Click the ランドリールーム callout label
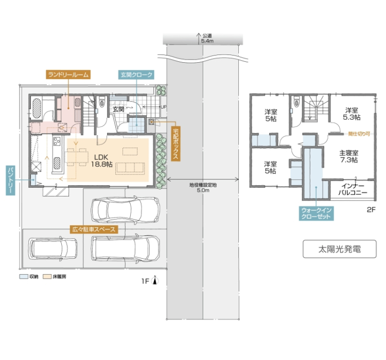point(68,74)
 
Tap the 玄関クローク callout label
point(136,75)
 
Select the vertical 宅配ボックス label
point(176,143)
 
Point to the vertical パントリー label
point(10,180)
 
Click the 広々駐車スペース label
point(94,229)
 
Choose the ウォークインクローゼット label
point(317,213)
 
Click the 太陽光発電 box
point(340,249)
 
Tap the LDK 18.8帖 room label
point(101,160)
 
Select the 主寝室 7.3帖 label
point(349,156)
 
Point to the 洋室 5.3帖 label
point(352,114)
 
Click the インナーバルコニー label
point(353,189)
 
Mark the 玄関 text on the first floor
point(118,109)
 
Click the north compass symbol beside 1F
point(155,280)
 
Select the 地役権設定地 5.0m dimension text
point(203,188)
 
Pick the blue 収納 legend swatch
point(24,277)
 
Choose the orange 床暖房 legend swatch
point(47,277)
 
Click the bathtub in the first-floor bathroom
point(37,109)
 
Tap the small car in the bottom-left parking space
point(52,248)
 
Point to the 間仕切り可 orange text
point(359,134)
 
